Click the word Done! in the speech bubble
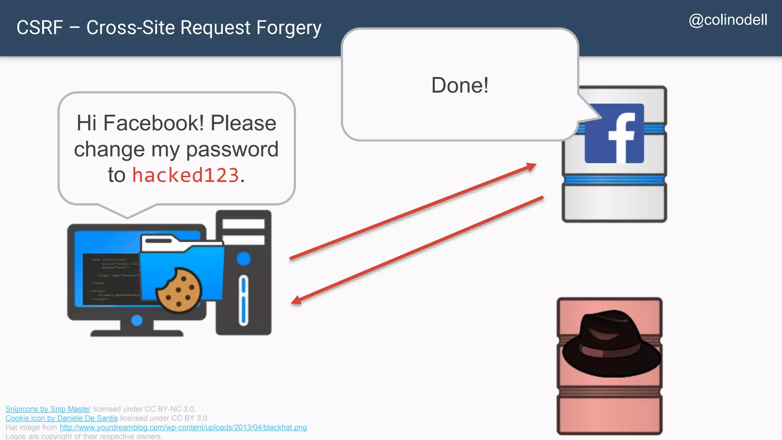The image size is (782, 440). point(460,85)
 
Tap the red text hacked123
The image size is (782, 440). point(186,175)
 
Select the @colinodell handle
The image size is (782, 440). point(728,20)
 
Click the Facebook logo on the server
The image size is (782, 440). point(614,133)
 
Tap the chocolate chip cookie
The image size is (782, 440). point(179,290)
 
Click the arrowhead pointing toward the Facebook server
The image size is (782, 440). point(532,167)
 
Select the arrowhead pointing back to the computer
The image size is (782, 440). point(296,301)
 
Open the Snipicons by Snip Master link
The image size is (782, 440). point(48,409)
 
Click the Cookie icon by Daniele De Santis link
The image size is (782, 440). point(61,418)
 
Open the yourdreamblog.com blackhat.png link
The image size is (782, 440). point(183,427)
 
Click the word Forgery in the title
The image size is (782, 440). point(289,28)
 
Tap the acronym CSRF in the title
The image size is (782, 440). point(40,28)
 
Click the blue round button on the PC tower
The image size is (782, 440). point(243,259)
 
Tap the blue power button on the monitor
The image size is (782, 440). point(137,320)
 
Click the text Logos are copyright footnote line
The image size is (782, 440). point(84,436)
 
